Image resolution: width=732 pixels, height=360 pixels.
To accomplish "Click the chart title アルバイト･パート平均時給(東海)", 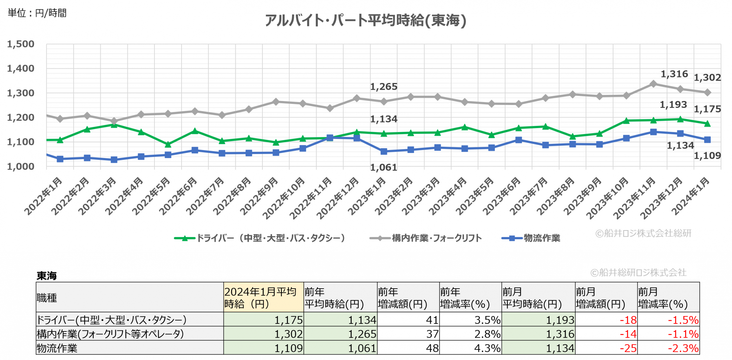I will click(365, 20).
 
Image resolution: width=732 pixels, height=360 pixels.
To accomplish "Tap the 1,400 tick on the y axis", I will click(21, 68).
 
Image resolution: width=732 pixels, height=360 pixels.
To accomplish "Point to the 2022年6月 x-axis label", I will click(178, 195).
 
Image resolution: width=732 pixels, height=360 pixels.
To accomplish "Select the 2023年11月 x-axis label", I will click(634, 198).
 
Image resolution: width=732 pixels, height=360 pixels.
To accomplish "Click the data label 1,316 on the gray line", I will click(674, 74).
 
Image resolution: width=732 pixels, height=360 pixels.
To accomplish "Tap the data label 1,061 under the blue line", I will click(383, 168).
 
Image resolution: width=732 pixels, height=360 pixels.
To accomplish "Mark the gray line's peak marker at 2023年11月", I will click(653, 84).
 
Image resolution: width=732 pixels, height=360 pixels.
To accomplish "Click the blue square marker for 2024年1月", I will click(707, 140).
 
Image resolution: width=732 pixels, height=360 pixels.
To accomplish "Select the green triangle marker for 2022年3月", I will click(114, 125).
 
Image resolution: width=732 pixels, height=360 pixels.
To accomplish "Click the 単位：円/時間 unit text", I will click(37, 13).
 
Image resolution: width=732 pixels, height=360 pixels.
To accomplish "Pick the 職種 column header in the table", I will click(47, 298).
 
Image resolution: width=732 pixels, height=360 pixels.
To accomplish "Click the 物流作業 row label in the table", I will click(57, 348).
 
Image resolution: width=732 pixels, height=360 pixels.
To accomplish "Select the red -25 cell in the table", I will click(628, 348).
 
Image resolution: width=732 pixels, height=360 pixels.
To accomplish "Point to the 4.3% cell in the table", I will click(487, 348).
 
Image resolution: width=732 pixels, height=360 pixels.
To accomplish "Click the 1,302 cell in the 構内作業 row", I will click(289, 334).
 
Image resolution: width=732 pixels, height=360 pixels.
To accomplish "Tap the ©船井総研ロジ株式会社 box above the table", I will click(639, 273).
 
